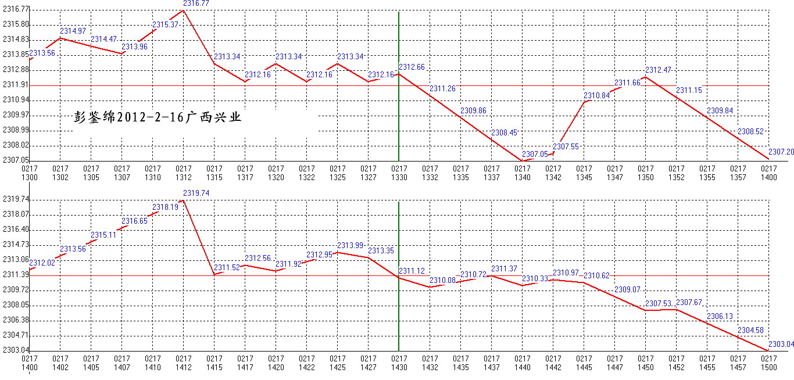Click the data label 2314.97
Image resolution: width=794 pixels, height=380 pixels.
pyautogui.click(x=73, y=31)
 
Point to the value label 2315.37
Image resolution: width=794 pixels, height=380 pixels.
pyautogui.click(x=165, y=24)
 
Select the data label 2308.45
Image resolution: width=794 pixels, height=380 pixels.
pyautogui.click(x=503, y=132)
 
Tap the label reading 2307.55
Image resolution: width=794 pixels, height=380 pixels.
pyautogui.click(x=566, y=146)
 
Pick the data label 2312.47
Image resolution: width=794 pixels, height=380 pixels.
pyautogui.click(x=658, y=70)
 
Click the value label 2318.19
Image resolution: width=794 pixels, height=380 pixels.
pyautogui.click(x=165, y=207)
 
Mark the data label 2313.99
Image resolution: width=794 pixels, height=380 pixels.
pyautogui.click(x=350, y=245)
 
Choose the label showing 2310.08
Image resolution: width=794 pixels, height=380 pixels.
pyautogui.click(x=442, y=280)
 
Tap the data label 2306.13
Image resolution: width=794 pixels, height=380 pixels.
pyautogui.click(x=720, y=316)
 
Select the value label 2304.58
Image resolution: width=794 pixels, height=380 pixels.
pyautogui.click(x=750, y=330)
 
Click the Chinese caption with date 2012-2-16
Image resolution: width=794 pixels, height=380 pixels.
pyautogui.click(x=158, y=117)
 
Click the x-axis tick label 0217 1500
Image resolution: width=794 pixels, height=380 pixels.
pyautogui.click(x=768, y=363)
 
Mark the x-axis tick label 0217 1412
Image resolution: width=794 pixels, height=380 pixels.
pyautogui.click(x=184, y=363)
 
